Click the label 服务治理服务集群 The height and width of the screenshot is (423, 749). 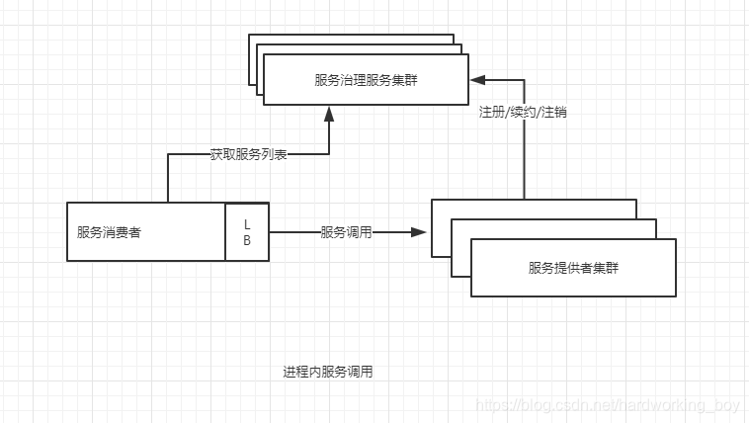tap(366, 79)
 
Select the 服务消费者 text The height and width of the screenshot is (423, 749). tap(109, 233)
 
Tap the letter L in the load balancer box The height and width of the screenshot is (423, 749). tap(247, 224)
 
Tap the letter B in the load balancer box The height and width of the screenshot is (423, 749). tap(247, 240)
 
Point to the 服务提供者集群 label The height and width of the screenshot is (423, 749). tap(573, 268)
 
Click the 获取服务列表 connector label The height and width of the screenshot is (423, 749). tap(248, 154)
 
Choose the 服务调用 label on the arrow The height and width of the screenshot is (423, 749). tap(346, 232)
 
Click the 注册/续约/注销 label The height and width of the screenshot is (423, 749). tap(523, 113)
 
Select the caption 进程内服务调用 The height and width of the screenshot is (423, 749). tap(327, 372)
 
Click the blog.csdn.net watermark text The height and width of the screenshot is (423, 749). tap(607, 405)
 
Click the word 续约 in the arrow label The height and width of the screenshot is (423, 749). tap(523, 113)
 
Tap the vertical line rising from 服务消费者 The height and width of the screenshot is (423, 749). tap(168, 178)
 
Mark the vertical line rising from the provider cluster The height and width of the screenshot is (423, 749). tap(523, 158)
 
